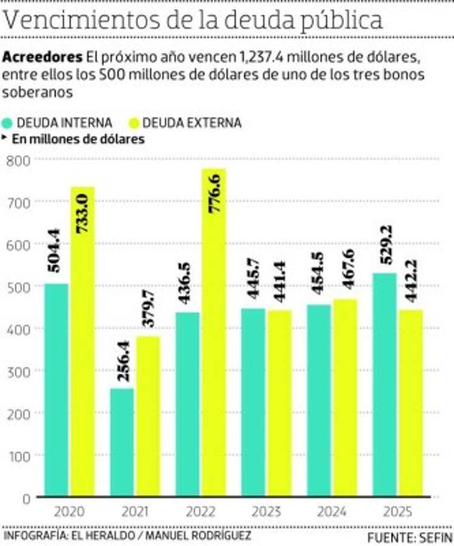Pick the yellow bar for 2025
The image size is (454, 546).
click(x=410, y=403)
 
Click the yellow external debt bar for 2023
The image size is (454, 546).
click(x=279, y=403)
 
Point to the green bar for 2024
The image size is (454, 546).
click(x=319, y=400)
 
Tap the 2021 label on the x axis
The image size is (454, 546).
click(x=135, y=511)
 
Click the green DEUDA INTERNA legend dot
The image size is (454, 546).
click(x=8, y=123)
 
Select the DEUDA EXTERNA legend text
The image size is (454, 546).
click(x=192, y=123)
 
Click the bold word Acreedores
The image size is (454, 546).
click(x=42, y=58)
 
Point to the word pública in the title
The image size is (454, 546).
click(x=336, y=21)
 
